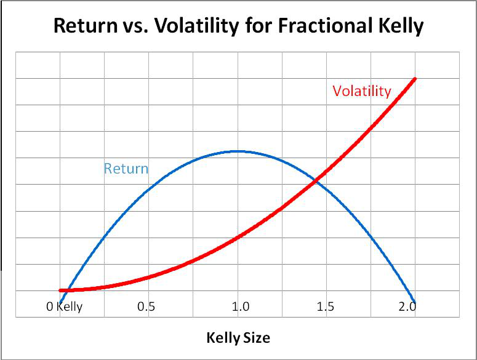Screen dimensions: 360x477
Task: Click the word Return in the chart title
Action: [x=86, y=26]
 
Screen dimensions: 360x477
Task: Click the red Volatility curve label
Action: [x=361, y=91]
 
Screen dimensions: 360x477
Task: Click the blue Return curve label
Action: [x=126, y=169]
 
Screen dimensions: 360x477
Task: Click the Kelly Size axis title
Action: [x=238, y=338]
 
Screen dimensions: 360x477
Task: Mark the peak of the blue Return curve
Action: [x=238, y=151]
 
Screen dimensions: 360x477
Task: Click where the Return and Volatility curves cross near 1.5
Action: [x=316, y=180]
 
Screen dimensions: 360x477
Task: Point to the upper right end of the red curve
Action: [x=415, y=79]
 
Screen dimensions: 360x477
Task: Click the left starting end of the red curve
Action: [x=60, y=290]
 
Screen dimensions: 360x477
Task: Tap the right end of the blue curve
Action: [x=414, y=302]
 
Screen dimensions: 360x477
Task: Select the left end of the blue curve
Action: [x=60, y=301]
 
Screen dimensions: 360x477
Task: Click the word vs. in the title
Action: [x=131, y=26]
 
